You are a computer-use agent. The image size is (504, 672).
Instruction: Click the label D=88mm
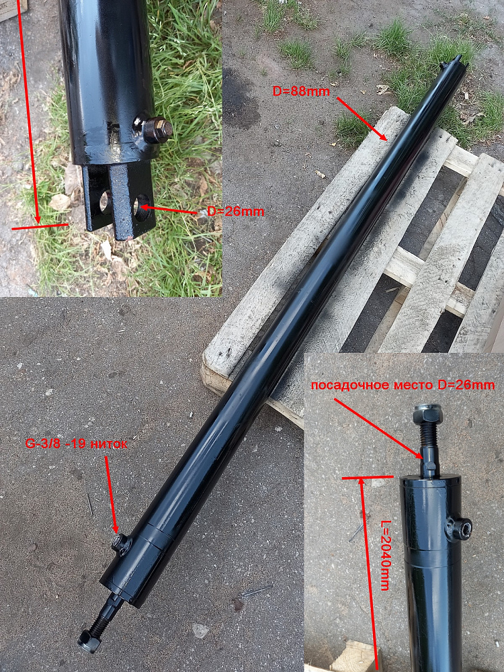click(x=301, y=91)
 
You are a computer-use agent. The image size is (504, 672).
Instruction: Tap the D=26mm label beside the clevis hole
click(x=235, y=211)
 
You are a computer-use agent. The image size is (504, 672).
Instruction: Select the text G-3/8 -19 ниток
click(x=77, y=444)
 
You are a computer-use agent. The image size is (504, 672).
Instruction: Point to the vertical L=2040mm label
click(x=385, y=556)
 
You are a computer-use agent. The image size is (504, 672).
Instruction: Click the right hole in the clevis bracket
click(x=142, y=207)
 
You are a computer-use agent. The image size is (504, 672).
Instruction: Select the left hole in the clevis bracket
click(x=106, y=202)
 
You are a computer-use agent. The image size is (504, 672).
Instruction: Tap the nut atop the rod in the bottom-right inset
click(x=425, y=414)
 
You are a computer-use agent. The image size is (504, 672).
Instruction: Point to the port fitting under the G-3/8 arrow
click(x=121, y=544)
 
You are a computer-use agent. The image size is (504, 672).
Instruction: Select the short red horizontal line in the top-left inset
click(x=40, y=226)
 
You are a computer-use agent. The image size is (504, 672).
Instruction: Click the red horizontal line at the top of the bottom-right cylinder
click(x=368, y=476)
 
